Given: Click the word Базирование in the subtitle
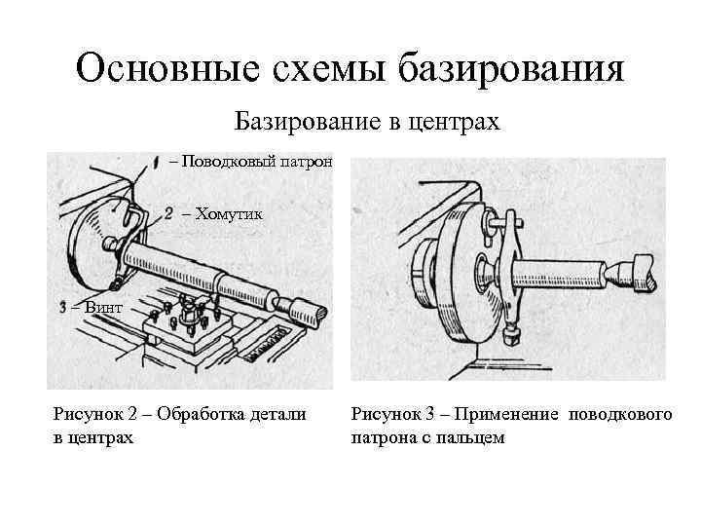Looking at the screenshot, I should tap(297, 122).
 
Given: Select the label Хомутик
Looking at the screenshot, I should tap(229, 213).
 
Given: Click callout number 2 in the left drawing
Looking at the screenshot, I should tap(168, 213).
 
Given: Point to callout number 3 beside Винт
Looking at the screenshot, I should tap(64, 307).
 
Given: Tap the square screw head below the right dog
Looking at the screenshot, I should tap(510, 337).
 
